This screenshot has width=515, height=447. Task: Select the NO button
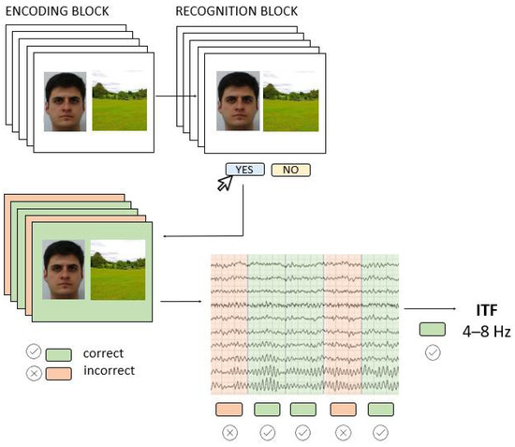290,170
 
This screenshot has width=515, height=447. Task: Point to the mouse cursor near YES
227,184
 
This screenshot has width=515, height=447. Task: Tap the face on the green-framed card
65,270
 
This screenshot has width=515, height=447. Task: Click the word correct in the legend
103,353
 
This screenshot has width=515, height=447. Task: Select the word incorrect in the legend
109,370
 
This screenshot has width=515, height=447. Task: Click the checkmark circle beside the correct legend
34,353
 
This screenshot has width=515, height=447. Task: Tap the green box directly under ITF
433,330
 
